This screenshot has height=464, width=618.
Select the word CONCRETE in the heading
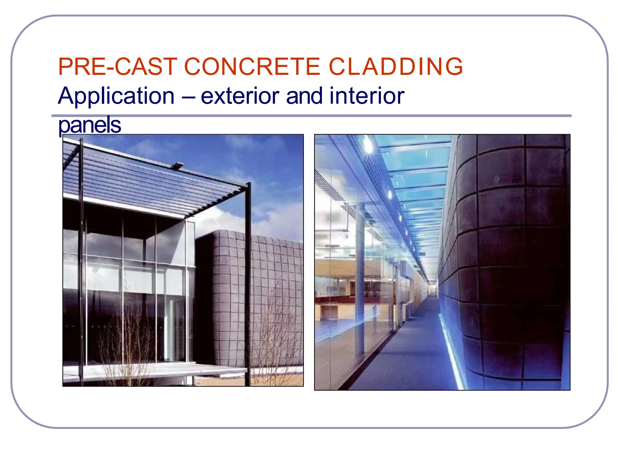click(x=252, y=67)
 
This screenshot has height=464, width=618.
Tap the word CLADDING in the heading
click(x=396, y=67)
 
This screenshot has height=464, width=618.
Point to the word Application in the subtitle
click(x=116, y=96)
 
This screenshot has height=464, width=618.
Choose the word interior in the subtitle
click(x=367, y=96)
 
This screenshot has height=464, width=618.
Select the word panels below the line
click(x=89, y=125)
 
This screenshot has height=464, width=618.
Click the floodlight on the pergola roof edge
click(x=177, y=165)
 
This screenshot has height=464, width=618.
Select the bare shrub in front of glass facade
click(x=127, y=347)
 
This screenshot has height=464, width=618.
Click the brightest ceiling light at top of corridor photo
click(x=368, y=144)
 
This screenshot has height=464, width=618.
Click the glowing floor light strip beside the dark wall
click(x=453, y=353)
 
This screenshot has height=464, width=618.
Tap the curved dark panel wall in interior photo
click(x=507, y=257)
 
